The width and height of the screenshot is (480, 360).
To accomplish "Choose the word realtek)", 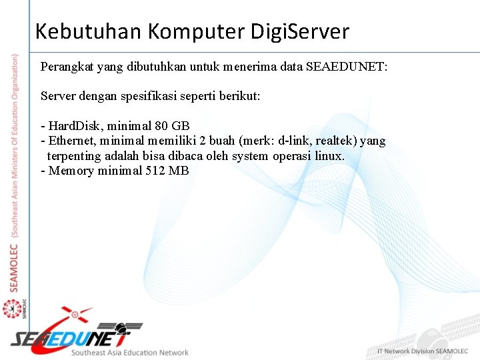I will pyautogui.click(x=338, y=141).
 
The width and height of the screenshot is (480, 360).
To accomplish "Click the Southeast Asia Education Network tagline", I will pyautogui.click(x=130, y=353).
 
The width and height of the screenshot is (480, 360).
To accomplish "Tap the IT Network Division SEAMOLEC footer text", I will pyautogui.click(x=423, y=351).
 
